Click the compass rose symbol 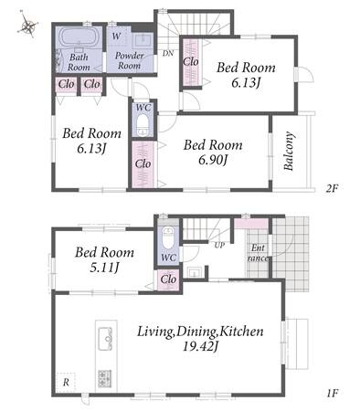point(28,25)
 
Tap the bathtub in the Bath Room point(79,37)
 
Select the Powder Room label point(130,60)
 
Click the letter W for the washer point(116,37)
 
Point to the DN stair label point(168,53)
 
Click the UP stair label point(219,245)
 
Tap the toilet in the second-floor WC point(143,125)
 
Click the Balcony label point(289,151)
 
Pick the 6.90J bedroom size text point(213,159)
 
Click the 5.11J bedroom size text point(104,267)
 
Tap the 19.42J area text point(201,346)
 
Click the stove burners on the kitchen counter point(104,379)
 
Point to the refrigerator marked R point(66,383)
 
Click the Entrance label point(258,253)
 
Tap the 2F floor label point(332,189)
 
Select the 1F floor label point(333,394)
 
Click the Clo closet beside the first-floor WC point(168,279)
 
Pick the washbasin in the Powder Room point(143,41)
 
